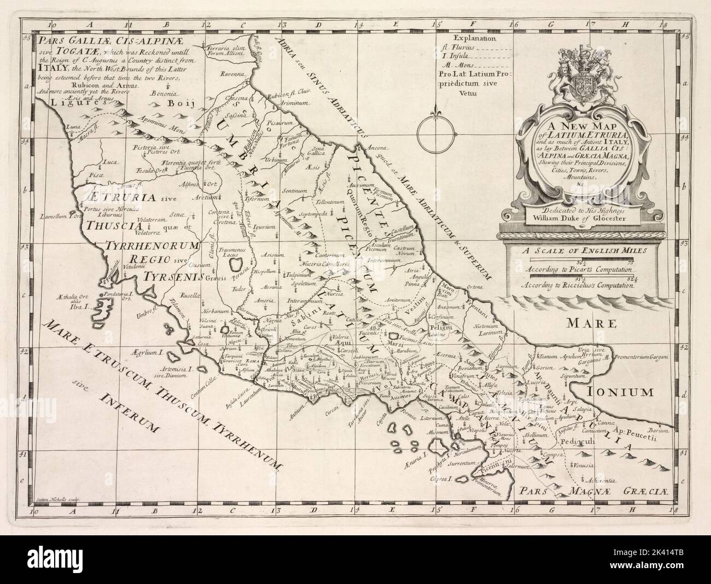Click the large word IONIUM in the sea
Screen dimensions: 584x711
[621, 392]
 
